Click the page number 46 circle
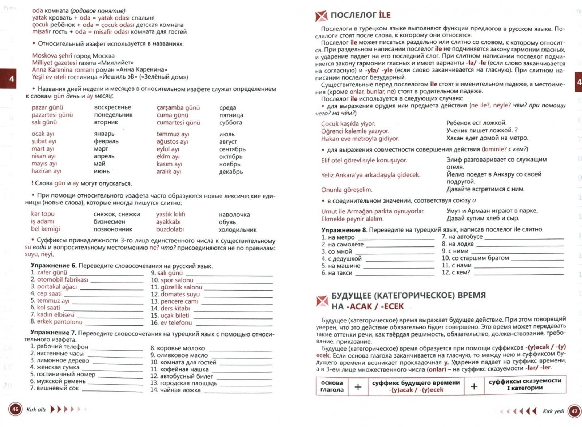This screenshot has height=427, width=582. pyautogui.click(x=15, y=409)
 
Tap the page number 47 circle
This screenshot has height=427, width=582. pyautogui.click(x=574, y=411)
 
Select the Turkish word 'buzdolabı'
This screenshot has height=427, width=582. pyautogui.click(x=170, y=229)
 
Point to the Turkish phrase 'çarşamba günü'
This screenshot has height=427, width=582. pyautogui.click(x=178, y=108)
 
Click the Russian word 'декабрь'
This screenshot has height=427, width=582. pyautogui.click(x=231, y=172)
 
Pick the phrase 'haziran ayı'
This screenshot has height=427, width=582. pyautogui.click(x=46, y=171)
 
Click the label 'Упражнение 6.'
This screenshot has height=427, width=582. pyautogui.click(x=54, y=266)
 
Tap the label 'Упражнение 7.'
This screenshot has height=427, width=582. pyautogui.click(x=53, y=333)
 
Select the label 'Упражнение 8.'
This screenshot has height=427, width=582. pyautogui.click(x=344, y=230)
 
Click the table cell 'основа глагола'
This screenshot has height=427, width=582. pyautogui.click(x=332, y=386)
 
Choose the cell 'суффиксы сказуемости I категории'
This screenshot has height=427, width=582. pyautogui.click(x=525, y=384)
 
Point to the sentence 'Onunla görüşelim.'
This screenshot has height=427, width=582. pyautogui.click(x=347, y=190)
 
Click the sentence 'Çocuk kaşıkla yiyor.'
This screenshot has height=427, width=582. pyautogui.click(x=348, y=124)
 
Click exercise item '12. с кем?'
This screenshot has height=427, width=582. pyautogui.click(x=456, y=272)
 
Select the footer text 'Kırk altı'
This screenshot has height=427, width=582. pyautogui.click(x=36, y=410)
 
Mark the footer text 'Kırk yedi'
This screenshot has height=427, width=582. pyautogui.click(x=553, y=411)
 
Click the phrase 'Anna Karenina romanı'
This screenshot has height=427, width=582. pyautogui.click(x=63, y=70)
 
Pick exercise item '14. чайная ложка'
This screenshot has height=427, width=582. pyautogui.click(x=175, y=390)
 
